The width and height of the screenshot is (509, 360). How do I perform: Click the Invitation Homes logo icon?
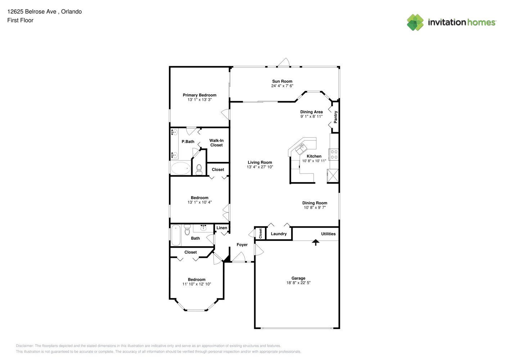[415, 22]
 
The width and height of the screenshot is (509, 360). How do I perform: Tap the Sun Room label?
[282, 81]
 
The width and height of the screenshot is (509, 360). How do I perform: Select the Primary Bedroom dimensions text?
[199, 100]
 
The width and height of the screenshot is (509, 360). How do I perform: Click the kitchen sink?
[301, 149]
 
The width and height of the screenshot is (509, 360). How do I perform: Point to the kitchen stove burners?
[334, 154]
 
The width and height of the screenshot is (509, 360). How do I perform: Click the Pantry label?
[335, 117]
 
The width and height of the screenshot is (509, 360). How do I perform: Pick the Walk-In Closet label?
[216, 143]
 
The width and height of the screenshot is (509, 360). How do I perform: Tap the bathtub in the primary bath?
[181, 168]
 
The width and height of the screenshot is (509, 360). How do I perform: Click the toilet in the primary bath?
[199, 170]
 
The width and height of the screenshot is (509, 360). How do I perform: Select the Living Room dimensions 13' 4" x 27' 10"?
[260, 167]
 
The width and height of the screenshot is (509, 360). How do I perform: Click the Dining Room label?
[315, 203]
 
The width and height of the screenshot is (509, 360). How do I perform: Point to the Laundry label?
[279, 234]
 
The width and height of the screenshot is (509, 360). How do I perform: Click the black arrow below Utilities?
[315, 242]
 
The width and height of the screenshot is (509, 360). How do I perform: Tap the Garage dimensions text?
[298, 283]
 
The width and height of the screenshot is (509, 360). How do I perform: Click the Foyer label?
[242, 244]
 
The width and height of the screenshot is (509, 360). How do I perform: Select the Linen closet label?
[221, 228]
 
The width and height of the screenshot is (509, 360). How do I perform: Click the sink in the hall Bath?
[203, 228]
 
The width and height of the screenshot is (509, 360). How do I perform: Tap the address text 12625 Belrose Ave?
[32, 12]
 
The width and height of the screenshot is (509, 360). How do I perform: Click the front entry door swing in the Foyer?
[239, 257]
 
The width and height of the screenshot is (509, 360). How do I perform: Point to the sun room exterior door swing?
[283, 62]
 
